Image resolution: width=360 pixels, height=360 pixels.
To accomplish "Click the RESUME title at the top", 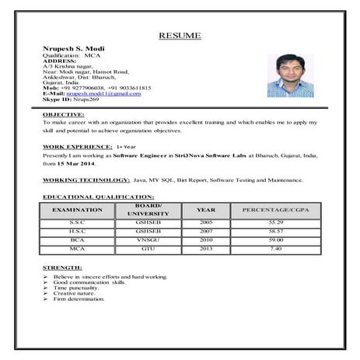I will (x=180, y=35).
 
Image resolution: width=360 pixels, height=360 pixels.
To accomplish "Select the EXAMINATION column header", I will (x=77, y=210).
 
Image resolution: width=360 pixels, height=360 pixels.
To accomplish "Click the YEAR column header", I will (x=205, y=210).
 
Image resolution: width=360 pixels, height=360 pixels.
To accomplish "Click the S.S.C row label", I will (x=77, y=222).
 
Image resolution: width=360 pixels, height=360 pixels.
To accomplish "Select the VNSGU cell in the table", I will (x=148, y=239).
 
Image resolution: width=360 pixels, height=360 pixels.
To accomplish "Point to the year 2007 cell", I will (x=205, y=231).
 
